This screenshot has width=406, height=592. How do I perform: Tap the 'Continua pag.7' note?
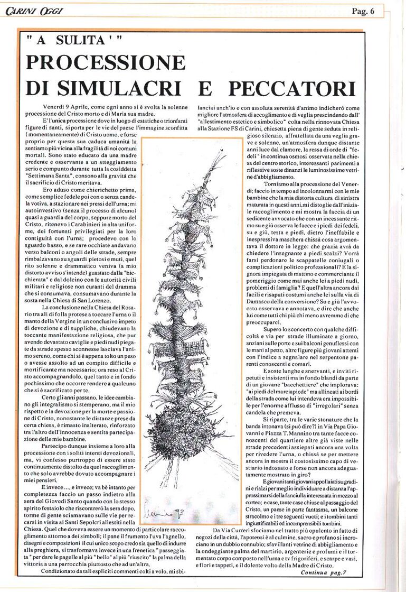[323, 572]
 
